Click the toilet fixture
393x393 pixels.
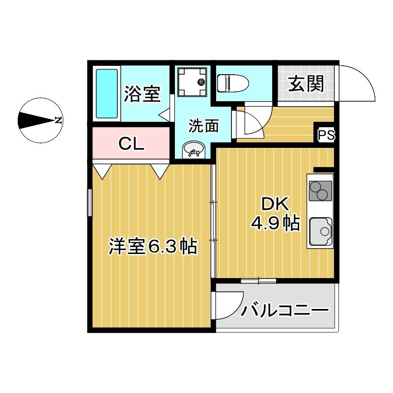point(233,83)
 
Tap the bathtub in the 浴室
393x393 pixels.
point(107,93)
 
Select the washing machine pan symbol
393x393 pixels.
point(192,82)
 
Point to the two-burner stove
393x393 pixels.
point(320,191)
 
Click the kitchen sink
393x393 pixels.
point(321,231)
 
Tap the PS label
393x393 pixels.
point(326,135)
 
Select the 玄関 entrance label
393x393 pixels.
point(306,84)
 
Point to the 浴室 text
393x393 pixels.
point(142,94)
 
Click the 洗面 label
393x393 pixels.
point(204,125)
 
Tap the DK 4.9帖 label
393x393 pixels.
point(275,214)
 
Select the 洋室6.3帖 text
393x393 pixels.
point(153,246)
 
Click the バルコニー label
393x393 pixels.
point(284,310)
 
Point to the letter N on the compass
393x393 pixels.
point(58,120)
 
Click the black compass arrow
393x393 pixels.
point(37,120)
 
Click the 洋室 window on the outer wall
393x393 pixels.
point(90,202)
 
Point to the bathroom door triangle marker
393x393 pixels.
point(165,114)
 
